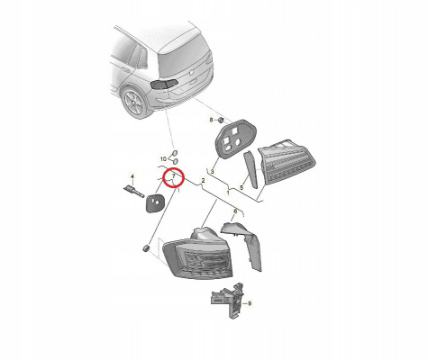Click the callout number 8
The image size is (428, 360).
211,120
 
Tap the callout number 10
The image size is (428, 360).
163,158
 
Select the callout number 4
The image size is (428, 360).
132,176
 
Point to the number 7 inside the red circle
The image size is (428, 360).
173,175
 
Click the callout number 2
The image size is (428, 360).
203,181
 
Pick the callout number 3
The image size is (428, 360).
212,172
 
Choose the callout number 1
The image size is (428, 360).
228,193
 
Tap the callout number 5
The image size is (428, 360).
241,188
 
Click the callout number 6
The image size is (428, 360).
235,211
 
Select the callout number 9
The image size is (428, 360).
250,303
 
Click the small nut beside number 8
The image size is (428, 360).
221,121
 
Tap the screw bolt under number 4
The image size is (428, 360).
133,191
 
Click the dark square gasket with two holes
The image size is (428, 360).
155,202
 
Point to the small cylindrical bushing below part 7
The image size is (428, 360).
146,248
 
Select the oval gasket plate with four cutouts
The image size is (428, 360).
236,138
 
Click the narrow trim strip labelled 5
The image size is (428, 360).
250,169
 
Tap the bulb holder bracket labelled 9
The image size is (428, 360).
228,300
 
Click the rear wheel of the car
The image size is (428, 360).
134,102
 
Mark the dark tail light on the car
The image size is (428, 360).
164,84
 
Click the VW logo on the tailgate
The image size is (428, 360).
191,72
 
